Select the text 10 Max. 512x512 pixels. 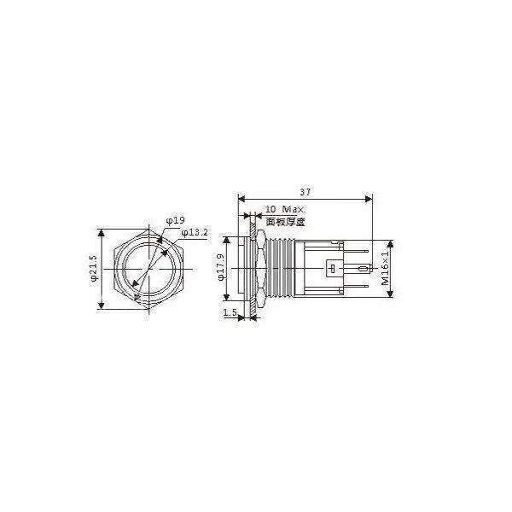click(280, 209)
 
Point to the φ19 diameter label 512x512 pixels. click(176, 220)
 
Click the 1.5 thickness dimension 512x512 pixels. click(230, 314)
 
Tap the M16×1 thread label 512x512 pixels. click(385, 268)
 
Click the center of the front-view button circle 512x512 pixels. click(151, 269)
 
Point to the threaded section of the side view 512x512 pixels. click(274, 268)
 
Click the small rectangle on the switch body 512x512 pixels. click(331, 269)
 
